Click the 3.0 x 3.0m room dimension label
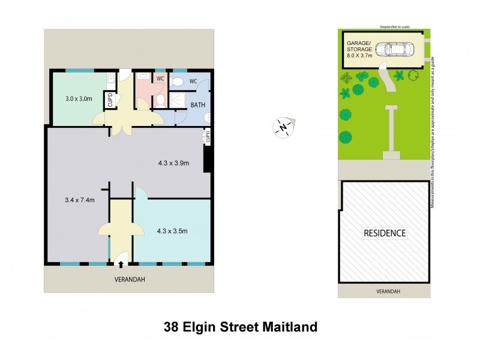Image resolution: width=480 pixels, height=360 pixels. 79,98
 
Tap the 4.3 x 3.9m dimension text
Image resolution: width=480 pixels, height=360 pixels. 173,162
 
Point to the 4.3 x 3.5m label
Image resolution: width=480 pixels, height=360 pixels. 173,230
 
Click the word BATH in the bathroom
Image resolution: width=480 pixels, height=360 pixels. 198,104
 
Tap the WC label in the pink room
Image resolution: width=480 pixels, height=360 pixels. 160,79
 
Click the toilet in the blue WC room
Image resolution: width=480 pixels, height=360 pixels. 179,82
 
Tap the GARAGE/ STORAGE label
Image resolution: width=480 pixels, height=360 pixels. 359,46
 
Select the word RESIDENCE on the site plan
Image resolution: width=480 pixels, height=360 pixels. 385,233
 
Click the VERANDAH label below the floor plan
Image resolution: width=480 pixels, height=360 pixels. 130,280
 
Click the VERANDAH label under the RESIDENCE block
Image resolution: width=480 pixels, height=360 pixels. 385,291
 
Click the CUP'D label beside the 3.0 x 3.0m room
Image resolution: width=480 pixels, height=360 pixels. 110,100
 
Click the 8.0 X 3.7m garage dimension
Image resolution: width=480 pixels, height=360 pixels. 359,55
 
